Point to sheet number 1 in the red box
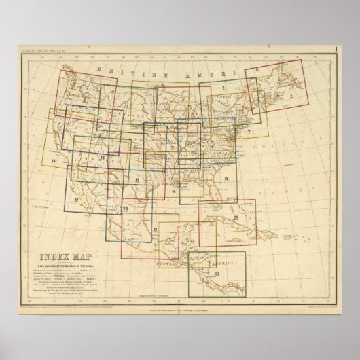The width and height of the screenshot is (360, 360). tap(291, 96)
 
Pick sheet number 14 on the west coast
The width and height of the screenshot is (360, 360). tap(53, 160)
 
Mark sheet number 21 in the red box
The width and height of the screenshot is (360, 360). tap(156, 232)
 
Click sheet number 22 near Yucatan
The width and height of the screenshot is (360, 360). tap(193, 242)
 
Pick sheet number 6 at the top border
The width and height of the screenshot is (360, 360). tap(163, 84)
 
